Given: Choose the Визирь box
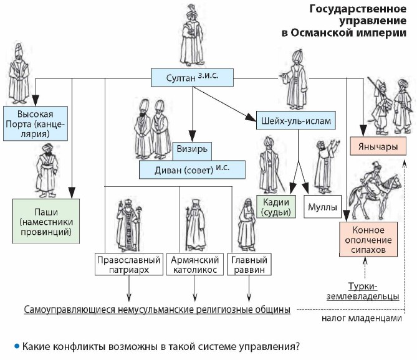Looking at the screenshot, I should (x=193, y=150).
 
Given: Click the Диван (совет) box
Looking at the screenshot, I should (x=191, y=169).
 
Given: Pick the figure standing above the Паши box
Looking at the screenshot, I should (x=46, y=169).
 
